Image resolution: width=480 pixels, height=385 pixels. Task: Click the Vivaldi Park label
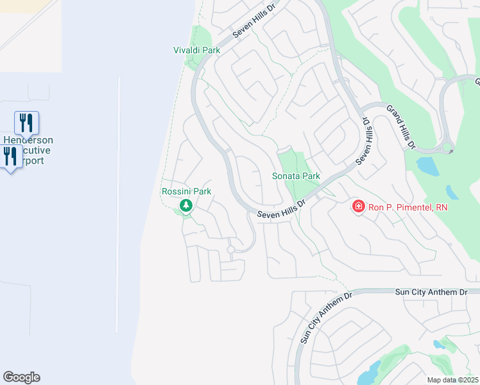coord(196,50)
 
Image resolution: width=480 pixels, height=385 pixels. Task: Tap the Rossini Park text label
coord(186,191)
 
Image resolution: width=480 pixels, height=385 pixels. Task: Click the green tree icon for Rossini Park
coord(186,206)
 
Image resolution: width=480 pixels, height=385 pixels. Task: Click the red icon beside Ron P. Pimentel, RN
coord(358,207)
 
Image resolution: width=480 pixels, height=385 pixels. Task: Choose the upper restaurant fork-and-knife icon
coord(26,122)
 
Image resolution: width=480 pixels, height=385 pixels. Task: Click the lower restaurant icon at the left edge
coord(10,156)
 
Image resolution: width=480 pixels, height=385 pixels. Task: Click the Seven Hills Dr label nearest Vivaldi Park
coord(253,22)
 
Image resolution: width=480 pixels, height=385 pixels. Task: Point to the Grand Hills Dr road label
coord(400,126)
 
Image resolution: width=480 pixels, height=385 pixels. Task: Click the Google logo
coord(21,377)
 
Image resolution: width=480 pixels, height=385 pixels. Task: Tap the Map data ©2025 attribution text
coord(452,380)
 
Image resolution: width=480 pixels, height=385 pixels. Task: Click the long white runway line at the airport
coord(118,205)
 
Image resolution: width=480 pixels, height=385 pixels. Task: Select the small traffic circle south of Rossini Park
coord(230,249)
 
